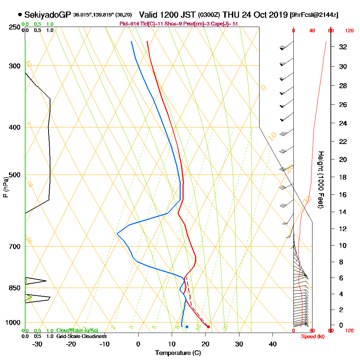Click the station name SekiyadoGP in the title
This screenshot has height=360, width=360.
[x=48, y=15]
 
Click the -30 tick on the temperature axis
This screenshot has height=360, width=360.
[x=37, y=344]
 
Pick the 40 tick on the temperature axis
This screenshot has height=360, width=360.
[x=273, y=344]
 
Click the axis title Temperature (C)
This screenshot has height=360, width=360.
[x=178, y=353]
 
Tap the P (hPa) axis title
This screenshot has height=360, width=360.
[x=5, y=187]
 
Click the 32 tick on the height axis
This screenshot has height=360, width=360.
[x=343, y=47]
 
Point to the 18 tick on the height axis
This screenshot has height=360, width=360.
[x=343, y=177]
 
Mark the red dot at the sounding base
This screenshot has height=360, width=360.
[x=208, y=327]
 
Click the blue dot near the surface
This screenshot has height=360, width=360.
[x=187, y=327]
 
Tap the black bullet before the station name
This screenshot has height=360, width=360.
[x=20, y=15]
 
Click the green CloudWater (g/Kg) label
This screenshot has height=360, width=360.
[x=77, y=330]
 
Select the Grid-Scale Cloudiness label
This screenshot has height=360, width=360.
[x=81, y=336]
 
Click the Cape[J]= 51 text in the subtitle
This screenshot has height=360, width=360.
[x=225, y=24]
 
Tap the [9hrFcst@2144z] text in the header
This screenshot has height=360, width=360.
[x=314, y=15]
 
